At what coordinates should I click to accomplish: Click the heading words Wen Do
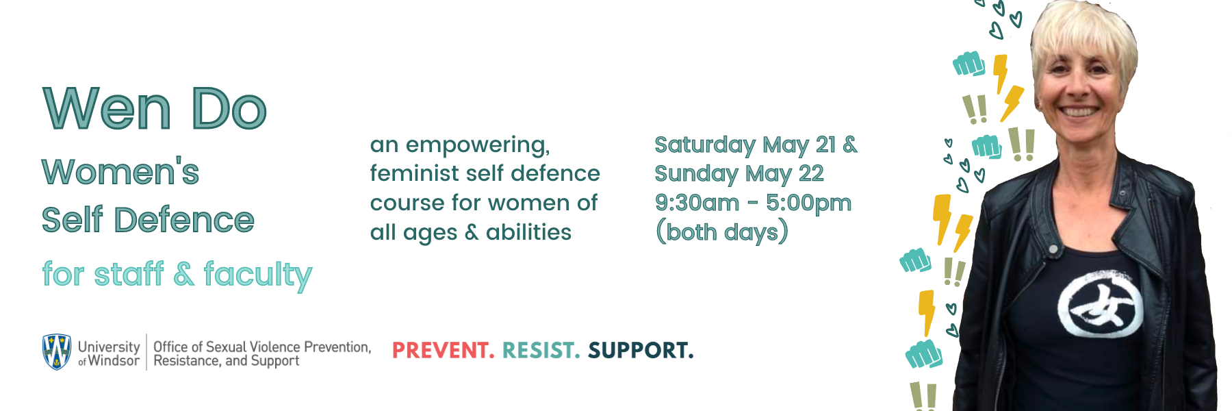(x=155, y=108)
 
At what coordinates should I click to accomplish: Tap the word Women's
(x=120, y=171)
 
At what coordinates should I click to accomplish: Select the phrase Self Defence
(x=148, y=220)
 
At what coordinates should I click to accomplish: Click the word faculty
(x=258, y=275)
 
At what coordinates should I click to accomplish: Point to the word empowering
(x=478, y=146)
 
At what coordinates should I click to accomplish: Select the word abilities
(x=528, y=232)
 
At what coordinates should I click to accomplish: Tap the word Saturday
(x=705, y=145)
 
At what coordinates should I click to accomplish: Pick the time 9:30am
(x=697, y=203)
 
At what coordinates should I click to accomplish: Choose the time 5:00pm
(x=809, y=203)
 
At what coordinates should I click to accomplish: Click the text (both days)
(x=722, y=232)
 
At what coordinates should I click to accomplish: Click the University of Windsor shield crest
(x=57, y=352)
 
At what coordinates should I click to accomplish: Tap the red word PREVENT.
(x=443, y=351)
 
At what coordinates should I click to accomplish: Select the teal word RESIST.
(x=541, y=351)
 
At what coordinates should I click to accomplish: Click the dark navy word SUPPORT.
(x=641, y=351)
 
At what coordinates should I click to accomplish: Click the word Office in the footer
(x=170, y=347)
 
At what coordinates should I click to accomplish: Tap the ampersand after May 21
(x=850, y=145)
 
